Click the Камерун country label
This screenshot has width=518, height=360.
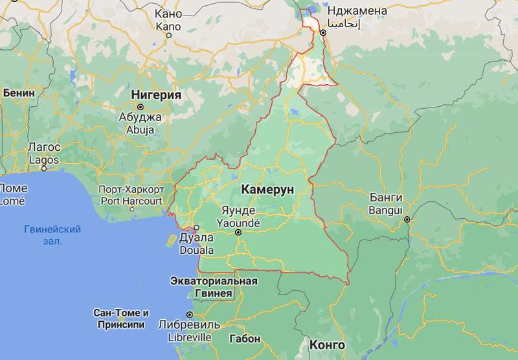[x=267, y=189]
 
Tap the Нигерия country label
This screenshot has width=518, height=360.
[x=155, y=95]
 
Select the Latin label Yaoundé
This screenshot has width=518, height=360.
[x=237, y=221]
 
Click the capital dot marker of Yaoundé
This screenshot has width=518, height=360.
[x=238, y=232]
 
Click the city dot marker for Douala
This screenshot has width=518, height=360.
[x=196, y=228]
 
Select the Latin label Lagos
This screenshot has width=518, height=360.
[x=43, y=159]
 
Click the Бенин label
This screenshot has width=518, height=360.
[x=19, y=93]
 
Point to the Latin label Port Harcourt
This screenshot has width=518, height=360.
[x=129, y=201]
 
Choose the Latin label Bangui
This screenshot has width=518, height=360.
[x=385, y=210]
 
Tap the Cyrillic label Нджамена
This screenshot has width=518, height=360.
[x=357, y=11]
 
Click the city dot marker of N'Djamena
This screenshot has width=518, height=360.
[x=323, y=32]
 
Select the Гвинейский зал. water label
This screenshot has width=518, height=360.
[x=52, y=235]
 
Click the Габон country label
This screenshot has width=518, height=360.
[x=245, y=339]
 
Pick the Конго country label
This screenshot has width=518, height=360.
[x=327, y=345]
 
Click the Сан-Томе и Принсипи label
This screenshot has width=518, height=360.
[x=121, y=318]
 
